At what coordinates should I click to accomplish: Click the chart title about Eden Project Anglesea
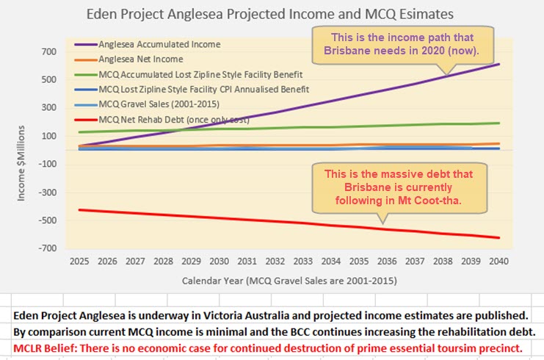[x=270, y=13]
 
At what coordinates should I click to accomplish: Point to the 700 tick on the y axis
[x=48, y=52]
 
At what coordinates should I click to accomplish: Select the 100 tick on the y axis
[x=48, y=136]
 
